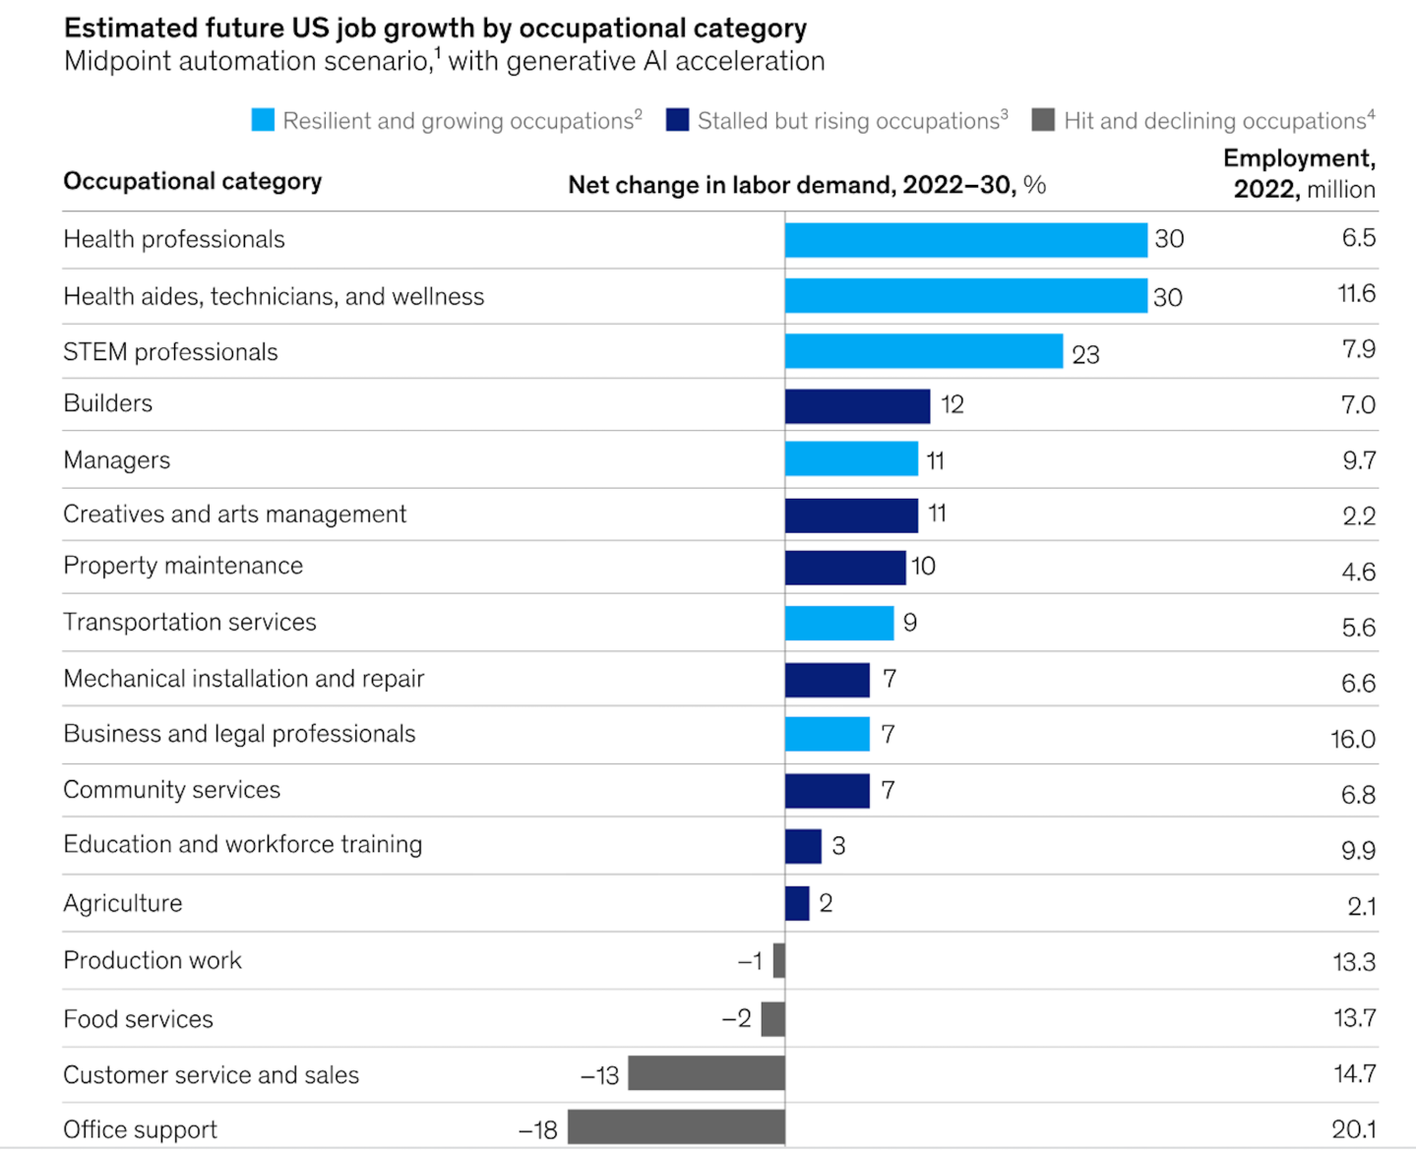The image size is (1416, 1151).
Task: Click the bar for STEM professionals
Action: coord(923,351)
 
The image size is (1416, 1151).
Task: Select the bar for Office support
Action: coord(676,1127)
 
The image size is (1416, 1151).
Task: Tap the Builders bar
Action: coord(857,405)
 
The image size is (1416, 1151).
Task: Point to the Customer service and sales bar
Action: coord(707,1073)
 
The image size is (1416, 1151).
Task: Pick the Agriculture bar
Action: coord(797,903)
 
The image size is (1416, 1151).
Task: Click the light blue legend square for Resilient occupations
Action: coord(263,120)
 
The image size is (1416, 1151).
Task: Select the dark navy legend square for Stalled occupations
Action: coord(677,120)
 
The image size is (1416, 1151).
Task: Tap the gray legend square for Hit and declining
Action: coord(1043,120)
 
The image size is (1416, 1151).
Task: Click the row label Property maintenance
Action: coord(183,566)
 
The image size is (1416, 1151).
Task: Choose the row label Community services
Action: coord(171,790)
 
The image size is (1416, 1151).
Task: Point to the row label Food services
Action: coord(138,1019)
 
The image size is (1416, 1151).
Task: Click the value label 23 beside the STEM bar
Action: coord(1085,354)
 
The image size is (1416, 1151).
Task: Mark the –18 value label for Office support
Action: coord(538,1130)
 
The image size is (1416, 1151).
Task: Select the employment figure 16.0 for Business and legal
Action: coord(1353,739)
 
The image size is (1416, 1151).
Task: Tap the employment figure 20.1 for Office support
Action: coord(1353,1129)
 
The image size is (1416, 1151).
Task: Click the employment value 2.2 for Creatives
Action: coord(1359,516)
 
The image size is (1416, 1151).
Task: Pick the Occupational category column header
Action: coord(192,181)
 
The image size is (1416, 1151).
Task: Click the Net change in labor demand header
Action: coord(806,185)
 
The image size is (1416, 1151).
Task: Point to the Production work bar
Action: coord(779,960)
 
